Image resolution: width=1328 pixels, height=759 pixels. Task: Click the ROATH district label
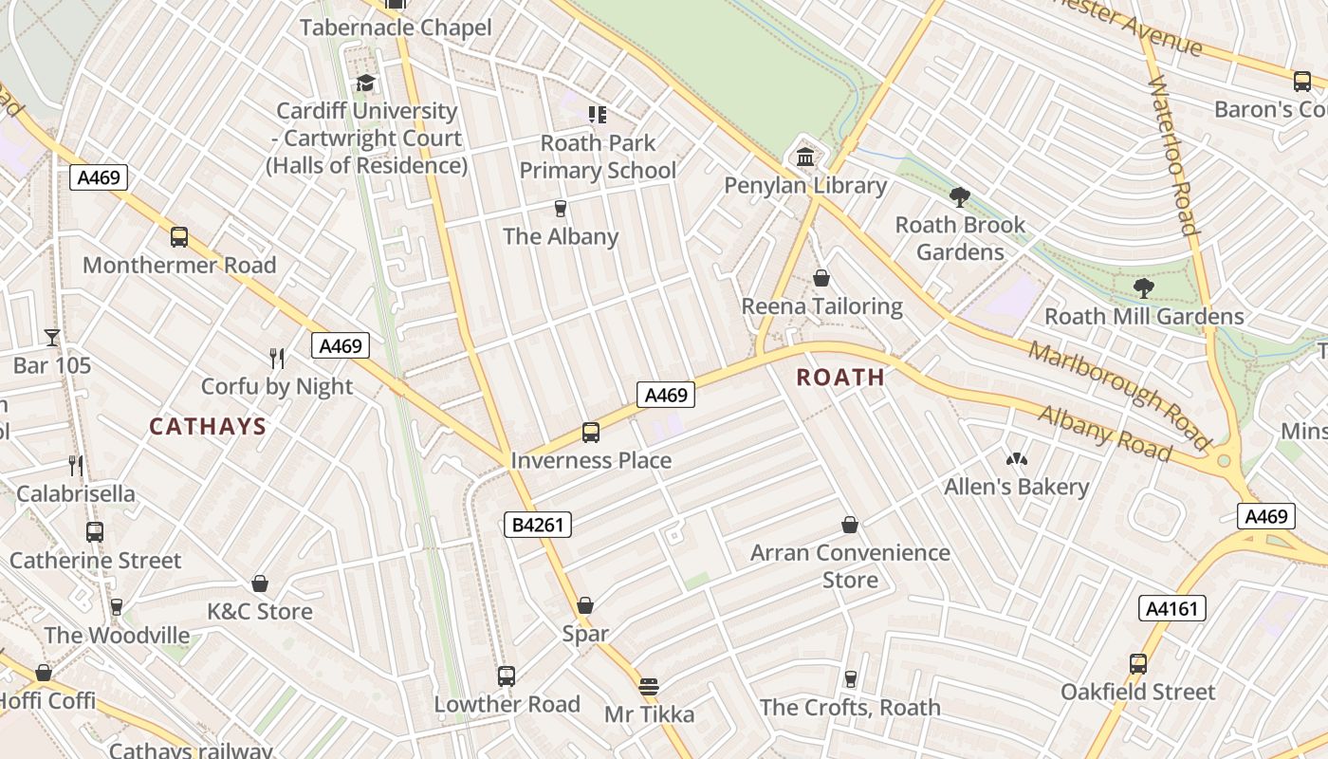[840, 378]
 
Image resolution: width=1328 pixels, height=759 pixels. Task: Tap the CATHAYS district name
[208, 427]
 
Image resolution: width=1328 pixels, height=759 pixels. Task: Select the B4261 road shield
[537, 525]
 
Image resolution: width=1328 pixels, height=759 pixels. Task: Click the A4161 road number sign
[1171, 608]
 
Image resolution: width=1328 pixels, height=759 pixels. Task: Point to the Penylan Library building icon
[805, 157]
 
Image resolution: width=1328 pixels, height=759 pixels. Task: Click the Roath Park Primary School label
[598, 157]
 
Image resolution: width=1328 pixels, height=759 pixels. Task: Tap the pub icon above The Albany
[561, 209]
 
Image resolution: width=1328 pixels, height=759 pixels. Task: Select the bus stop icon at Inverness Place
[590, 433]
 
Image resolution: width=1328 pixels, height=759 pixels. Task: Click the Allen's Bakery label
[1016, 487]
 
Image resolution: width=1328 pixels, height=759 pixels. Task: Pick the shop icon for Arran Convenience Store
[850, 525]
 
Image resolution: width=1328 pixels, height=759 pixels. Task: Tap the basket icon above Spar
[585, 605]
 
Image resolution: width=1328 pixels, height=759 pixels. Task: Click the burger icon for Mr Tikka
[649, 686]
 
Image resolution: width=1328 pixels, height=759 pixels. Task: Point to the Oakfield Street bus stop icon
[1137, 664]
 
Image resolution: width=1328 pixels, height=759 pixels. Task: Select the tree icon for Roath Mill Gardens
[1143, 287]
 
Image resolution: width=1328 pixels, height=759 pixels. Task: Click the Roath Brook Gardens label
[961, 238]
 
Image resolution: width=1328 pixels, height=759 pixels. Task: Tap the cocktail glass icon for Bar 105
[51, 337]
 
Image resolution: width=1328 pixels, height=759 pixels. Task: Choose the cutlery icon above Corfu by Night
[277, 358]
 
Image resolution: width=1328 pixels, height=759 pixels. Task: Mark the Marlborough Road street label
[1118, 395]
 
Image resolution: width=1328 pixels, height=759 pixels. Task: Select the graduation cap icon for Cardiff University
[365, 83]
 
